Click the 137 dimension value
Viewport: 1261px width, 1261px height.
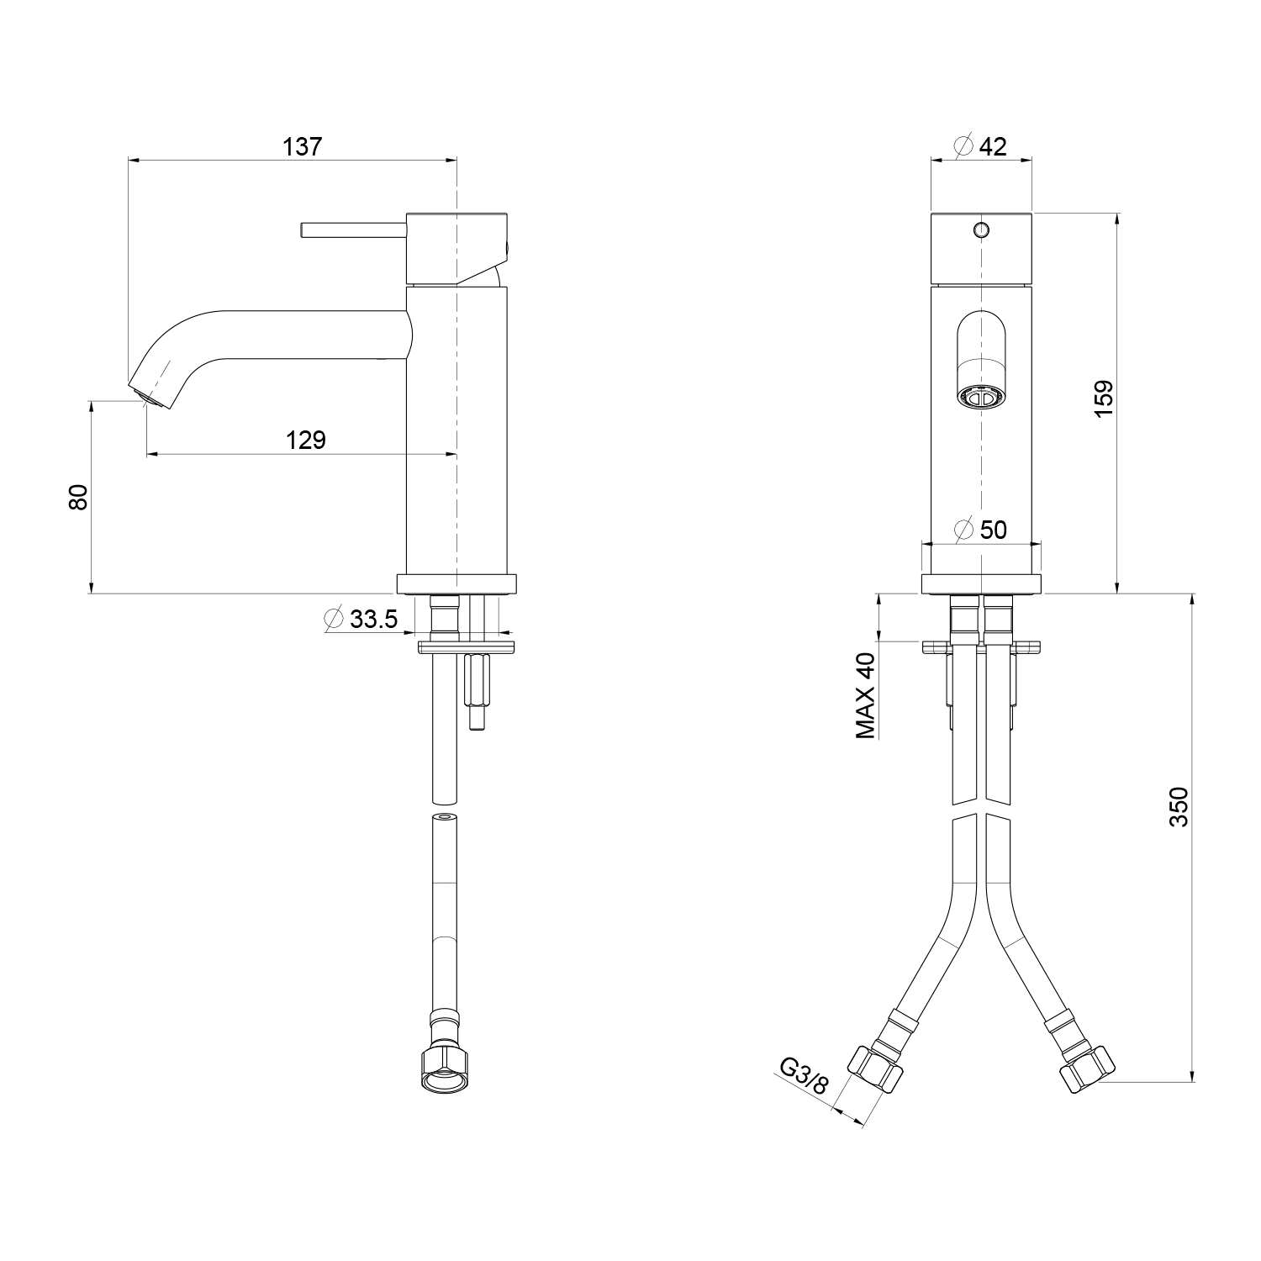coord(303,146)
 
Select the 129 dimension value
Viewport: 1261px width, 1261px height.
coord(306,440)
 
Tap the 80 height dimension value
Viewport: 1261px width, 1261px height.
coord(77,497)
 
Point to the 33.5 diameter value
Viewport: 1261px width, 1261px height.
coord(373,620)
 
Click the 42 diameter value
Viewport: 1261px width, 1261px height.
coord(993,146)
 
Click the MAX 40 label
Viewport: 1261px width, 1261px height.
coord(866,695)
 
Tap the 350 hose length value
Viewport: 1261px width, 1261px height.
coord(1179,807)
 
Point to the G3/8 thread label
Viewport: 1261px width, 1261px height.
coord(805,1074)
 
